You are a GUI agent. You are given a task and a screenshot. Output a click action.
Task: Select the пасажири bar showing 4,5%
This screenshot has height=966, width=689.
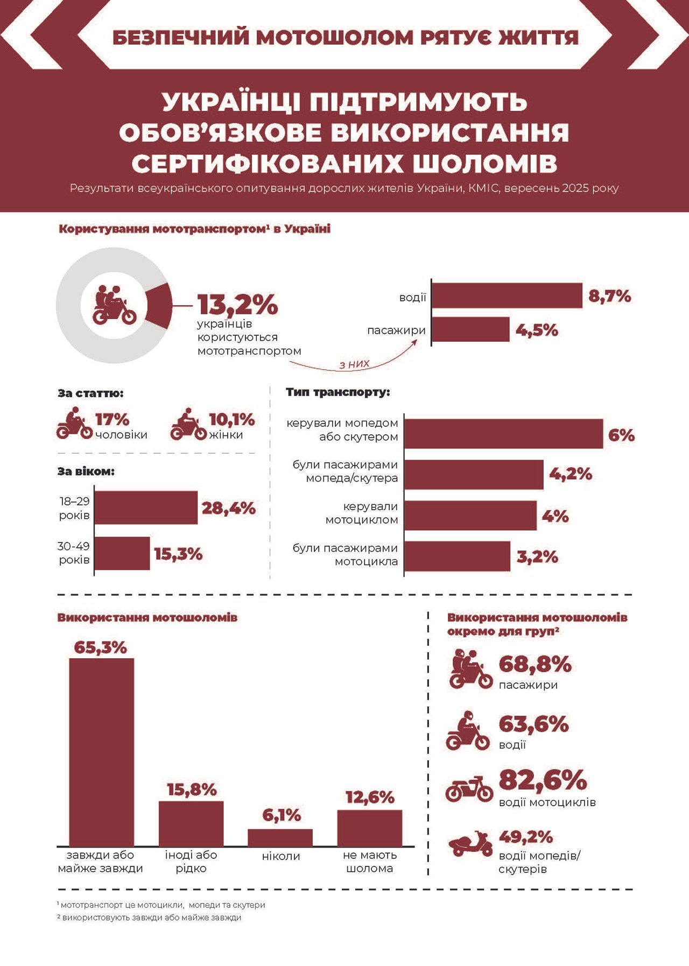[470, 329]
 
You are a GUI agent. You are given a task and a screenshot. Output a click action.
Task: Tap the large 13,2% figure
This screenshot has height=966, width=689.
[237, 305]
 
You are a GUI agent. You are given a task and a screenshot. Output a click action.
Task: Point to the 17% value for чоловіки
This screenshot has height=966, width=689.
[112, 419]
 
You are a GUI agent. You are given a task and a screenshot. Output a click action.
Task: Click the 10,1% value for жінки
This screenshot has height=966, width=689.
[231, 419]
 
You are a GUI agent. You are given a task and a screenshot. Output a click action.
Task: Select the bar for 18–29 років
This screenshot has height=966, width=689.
[146, 507]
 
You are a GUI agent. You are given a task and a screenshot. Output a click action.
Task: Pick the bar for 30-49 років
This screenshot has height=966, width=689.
[122, 553]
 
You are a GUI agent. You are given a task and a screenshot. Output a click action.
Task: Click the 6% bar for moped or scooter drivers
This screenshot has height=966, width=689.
[503, 434]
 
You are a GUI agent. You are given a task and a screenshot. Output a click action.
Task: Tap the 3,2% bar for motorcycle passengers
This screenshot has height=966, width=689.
[457, 556]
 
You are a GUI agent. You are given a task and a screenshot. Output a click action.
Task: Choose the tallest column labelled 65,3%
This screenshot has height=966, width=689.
[102, 752]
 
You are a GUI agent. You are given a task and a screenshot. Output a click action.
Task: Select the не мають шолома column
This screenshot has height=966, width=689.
[370, 828]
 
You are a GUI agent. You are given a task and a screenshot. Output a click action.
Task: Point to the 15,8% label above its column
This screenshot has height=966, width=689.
[192, 789]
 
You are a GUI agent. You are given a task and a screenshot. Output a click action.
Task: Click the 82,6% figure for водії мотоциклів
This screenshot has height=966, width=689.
[543, 780]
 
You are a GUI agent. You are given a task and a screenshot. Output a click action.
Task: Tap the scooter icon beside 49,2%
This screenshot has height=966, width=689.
[470, 843]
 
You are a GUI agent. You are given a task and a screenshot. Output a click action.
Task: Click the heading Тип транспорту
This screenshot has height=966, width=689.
[338, 392]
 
